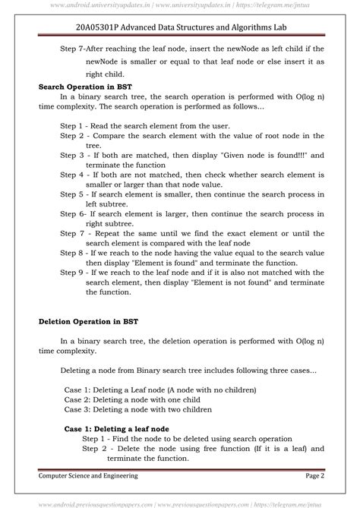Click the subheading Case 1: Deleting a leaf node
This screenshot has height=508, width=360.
[x=116, y=428]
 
